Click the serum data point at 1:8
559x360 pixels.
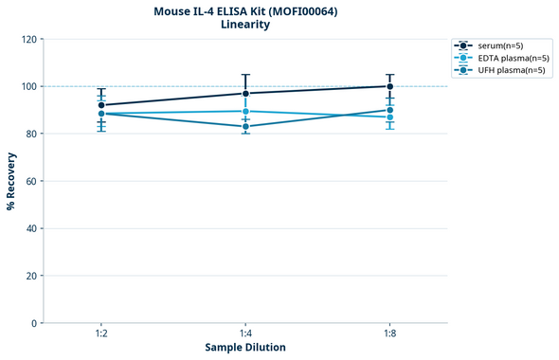(x=389, y=86)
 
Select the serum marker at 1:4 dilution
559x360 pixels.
(x=245, y=93)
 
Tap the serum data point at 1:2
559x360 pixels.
(x=101, y=105)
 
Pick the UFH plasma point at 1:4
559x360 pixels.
(x=245, y=126)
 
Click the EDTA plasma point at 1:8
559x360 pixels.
(x=389, y=117)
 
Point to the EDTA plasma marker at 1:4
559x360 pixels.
(x=245, y=111)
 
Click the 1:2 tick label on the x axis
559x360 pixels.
(x=101, y=334)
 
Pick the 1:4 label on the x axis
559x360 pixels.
(x=245, y=334)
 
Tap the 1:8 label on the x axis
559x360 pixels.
(x=389, y=334)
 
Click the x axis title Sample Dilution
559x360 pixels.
(x=245, y=348)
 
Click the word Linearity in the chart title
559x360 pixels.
(x=244, y=25)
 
